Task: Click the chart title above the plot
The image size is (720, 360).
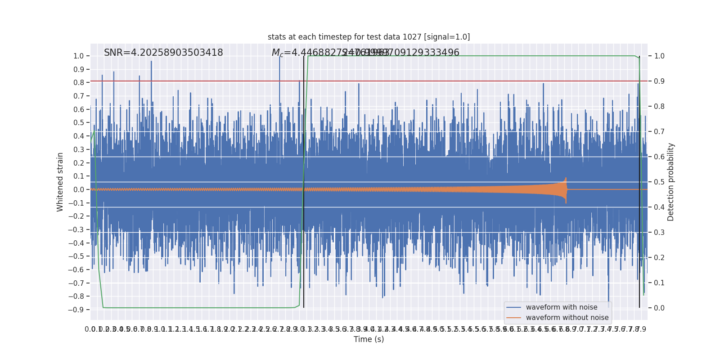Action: coord(369,37)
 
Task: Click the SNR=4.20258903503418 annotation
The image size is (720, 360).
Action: coord(163,53)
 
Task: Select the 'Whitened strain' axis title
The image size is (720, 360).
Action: coord(60,182)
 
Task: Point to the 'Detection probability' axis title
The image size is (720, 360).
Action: coord(671,182)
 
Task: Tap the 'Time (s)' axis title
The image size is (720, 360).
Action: coord(369,339)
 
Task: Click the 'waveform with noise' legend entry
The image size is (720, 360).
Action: coord(562,307)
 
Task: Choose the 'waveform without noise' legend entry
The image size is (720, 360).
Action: coord(567,318)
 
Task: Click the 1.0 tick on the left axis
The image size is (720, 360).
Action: coord(78,56)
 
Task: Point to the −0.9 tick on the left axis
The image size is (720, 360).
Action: coord(76,310)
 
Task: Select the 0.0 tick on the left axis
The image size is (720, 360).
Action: coord(78,189)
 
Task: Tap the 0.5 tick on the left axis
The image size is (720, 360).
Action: coord(78,123)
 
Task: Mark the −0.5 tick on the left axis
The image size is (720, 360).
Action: coord(76,256)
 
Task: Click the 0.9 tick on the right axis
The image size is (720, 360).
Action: coord(659,81)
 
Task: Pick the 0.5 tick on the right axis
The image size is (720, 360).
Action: coord(659,182)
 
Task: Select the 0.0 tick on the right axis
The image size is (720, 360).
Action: coord(659,308)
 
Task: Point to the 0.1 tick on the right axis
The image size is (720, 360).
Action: coord(659,283)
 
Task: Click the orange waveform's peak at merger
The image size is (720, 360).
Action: coord(566,179)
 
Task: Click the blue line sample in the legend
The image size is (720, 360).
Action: coord(513,307)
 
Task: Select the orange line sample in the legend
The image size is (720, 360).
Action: coord(513,318)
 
